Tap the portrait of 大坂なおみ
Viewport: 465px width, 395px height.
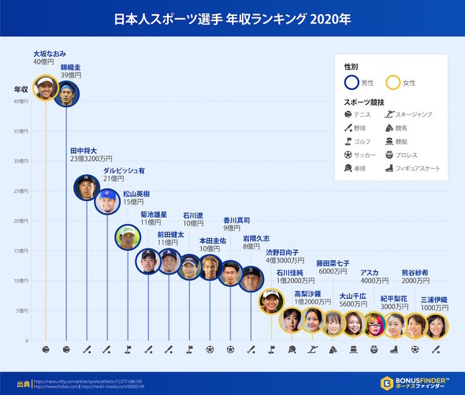pyautogui.click(x=46, y=88)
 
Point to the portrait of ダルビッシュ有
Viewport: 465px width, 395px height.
pyautogui.click(x=107, y=203)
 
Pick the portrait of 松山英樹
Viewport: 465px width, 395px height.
pyautogui.click(x=128, y=237)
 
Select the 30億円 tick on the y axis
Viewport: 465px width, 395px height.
pyautogui.click(x=21, y=161)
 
